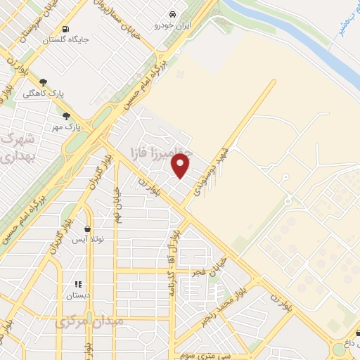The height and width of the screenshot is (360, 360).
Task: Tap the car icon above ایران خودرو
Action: (x=172, y=14)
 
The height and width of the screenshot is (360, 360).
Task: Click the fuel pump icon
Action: (x=65, y=29)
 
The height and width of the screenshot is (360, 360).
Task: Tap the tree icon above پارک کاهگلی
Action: (x=44, y=82)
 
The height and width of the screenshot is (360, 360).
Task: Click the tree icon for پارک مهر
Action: (x=66, y=117)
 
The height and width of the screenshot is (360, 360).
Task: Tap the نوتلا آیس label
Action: (x=88, y=240)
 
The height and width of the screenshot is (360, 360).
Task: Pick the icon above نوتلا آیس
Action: (x=86, y=229)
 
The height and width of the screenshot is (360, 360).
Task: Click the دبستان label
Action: (x=79, y=296)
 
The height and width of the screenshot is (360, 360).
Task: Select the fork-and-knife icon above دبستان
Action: (x=78, y=285)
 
